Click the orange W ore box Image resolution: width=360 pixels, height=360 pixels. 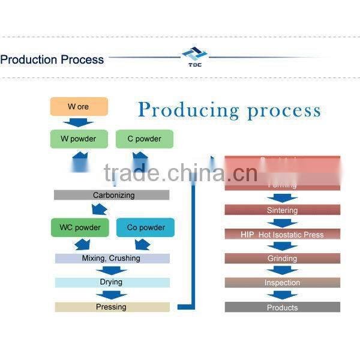(79, 107)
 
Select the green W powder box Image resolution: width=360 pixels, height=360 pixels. (79, 139)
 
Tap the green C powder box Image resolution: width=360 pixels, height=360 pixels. (144, 139)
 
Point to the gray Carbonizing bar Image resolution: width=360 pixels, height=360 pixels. (112, 195)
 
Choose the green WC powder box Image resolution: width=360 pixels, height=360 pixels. (80, 227)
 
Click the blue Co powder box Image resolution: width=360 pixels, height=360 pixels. (145, 227)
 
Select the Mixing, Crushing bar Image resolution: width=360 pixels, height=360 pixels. (112, 258)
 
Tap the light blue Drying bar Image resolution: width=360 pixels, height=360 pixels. (112, 282)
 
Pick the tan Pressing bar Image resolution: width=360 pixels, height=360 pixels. (112, 307)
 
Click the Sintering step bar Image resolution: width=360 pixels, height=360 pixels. (282, 210)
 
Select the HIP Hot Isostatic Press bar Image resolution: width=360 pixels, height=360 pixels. (282, 234)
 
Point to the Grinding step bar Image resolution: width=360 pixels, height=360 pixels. (282, 259)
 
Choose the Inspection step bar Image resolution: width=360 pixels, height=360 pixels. (282, 283)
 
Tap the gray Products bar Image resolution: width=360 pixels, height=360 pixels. (282, 307)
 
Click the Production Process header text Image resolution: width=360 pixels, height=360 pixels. (52, 59)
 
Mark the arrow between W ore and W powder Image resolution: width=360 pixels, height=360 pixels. (79, 122)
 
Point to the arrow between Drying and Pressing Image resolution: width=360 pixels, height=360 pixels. (111, 295)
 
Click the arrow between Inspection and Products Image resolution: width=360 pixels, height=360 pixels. (282, 295)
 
